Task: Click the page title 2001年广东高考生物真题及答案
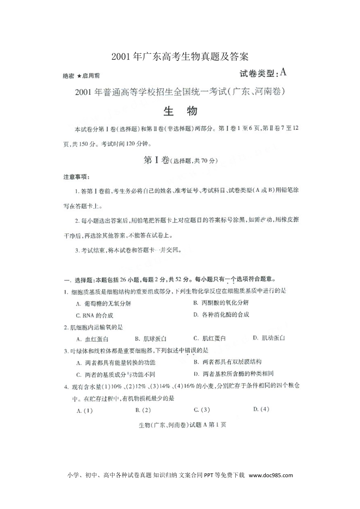point(180,57)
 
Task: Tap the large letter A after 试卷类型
point(282,72)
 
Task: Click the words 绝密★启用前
point(81,76)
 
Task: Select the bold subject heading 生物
point(180,111)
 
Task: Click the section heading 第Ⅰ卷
point(157,160)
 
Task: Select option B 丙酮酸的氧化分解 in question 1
point(221,303)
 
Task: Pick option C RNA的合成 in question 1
point(94,315)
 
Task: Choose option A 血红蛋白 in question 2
point(92,339)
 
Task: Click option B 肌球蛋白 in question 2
point(151,339)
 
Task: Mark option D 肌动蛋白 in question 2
point(269,338)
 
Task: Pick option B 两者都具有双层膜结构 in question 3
point(227,362)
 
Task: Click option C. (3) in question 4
point(202,410)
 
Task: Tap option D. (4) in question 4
point(261,409)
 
